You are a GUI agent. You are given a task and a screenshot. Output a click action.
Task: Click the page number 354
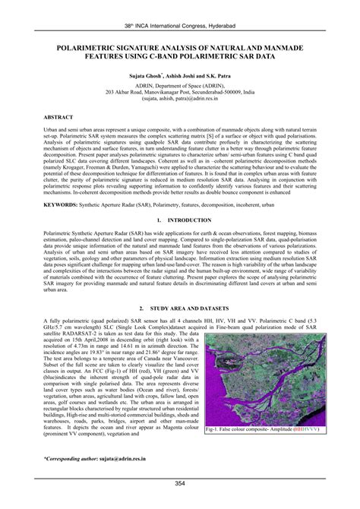pos(180,483)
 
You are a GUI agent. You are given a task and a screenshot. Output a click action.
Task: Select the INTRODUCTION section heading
pos(191,219)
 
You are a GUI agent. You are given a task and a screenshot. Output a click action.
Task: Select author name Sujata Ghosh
pos(147,77)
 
